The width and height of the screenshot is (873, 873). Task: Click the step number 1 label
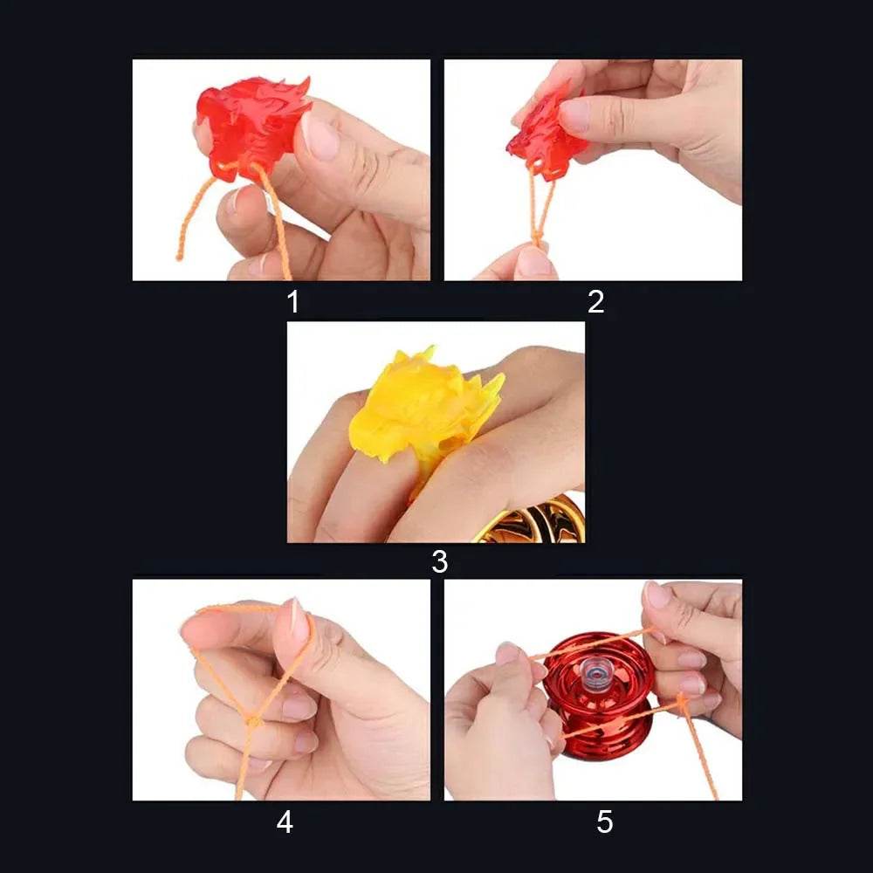292,302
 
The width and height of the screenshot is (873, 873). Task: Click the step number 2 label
596,302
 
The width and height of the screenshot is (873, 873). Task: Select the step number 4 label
285,822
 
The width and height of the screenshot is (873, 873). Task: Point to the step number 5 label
605,822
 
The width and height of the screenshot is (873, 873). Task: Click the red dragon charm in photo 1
251,127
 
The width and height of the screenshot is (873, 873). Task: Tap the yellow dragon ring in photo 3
419,410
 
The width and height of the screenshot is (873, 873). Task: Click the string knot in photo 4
252,721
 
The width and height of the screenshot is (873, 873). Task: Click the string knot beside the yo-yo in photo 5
681,699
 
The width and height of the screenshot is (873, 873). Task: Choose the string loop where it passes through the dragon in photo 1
236,166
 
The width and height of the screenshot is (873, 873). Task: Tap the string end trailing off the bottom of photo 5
711,790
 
